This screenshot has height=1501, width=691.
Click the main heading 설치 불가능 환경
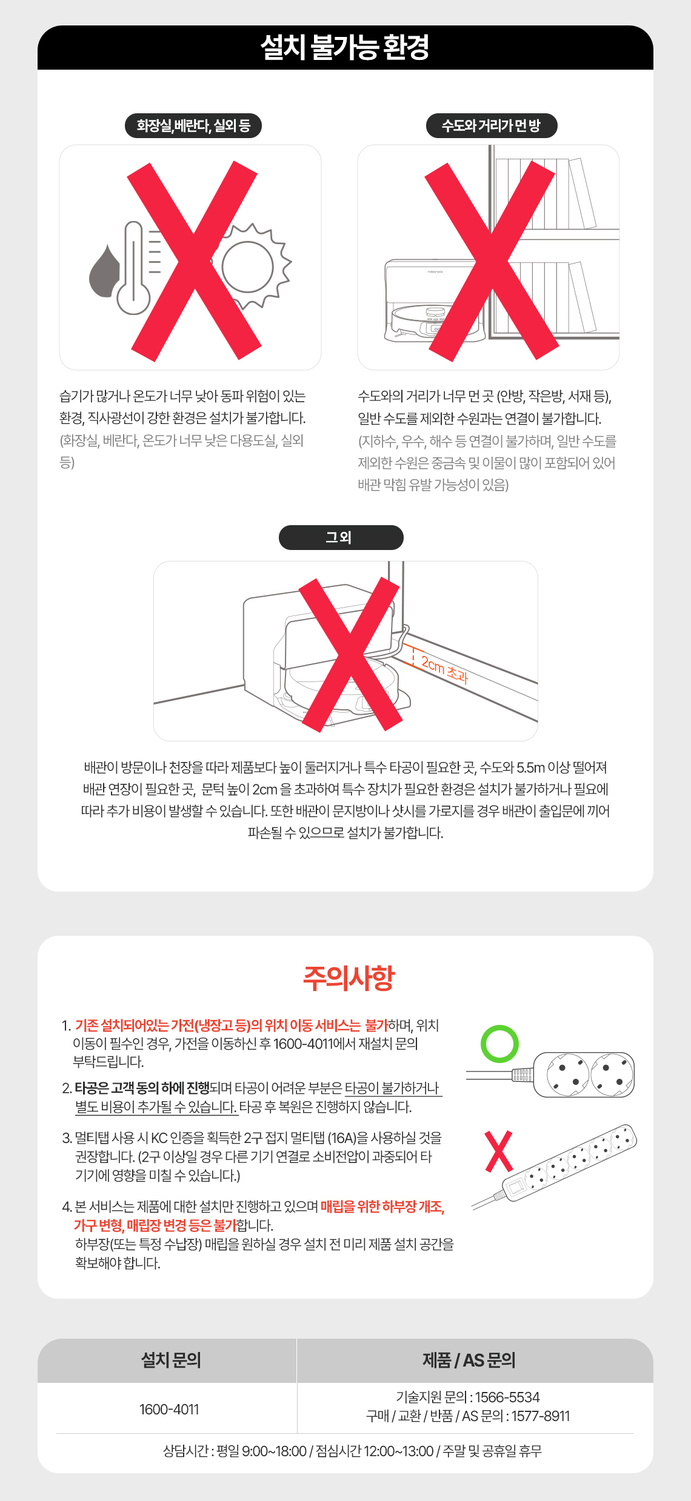click(345, 47)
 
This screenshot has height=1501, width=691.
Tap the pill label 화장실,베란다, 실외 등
click(193, 126)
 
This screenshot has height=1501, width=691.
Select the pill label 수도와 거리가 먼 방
click(491, 126)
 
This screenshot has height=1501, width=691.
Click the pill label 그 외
click(341, 537)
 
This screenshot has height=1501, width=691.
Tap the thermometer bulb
click(133, 297)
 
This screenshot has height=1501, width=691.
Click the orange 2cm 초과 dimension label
click(445, 669)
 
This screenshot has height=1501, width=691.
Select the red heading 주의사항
click(349, 978)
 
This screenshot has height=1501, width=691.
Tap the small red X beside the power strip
click(499, 1151)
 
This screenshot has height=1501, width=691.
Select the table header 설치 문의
click(171, 1360)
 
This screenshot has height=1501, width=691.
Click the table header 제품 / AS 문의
click(469, 1360)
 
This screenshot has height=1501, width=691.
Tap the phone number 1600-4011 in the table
click(169, 1410)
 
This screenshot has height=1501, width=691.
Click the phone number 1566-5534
click(507, 1397)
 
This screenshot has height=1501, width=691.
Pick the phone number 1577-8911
click(541, 1416)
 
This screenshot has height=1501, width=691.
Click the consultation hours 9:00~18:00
click(274, 1451)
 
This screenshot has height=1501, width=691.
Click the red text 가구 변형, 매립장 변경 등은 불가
click(155, 1225)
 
